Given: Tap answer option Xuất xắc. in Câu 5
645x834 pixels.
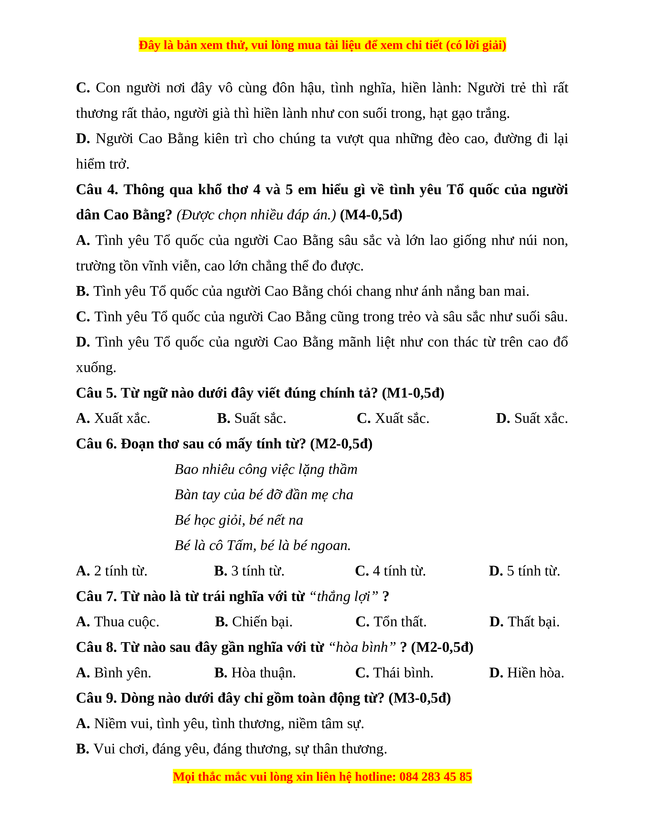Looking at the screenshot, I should pyautogui.click(x=122, y=419).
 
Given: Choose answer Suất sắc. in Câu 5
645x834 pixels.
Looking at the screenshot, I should pyautogui.click(x=260, y=419).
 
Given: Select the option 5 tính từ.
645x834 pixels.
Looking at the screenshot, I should pyautogui.click(x=533, y=571).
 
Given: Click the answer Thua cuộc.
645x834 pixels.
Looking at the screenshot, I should pyautogui.click(x=126, y=622).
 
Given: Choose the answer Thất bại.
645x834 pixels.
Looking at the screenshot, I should pyautogui.click(x=533, y=622).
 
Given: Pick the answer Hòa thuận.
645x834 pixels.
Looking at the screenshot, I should pyautogui.click(x=263, y=673).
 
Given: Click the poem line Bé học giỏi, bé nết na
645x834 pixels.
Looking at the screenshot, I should pyautogui.click(x=239, y=520).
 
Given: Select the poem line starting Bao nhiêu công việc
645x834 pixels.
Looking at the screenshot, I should pyautogui.click(x=266, y=469).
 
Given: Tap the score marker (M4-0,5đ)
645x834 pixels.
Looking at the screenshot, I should pyautogui.click(x=371, y=215).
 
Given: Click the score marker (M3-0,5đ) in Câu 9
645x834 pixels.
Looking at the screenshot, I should pyautogui.click(x=420, y=698).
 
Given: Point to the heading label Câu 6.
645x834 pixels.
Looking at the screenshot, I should pyautogui.click(x=96, y=444).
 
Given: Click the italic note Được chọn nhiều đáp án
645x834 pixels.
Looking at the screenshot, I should pyautogui.click(x=256, y=215).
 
